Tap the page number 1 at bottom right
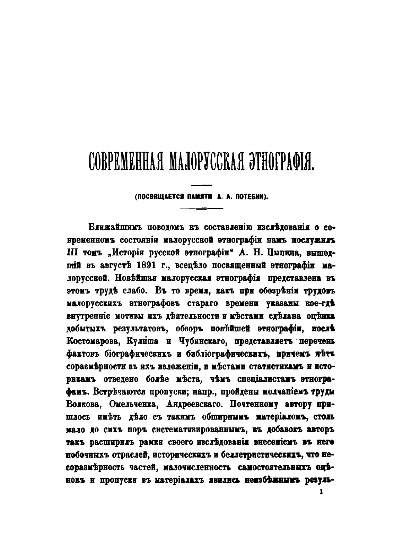[322, 492]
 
